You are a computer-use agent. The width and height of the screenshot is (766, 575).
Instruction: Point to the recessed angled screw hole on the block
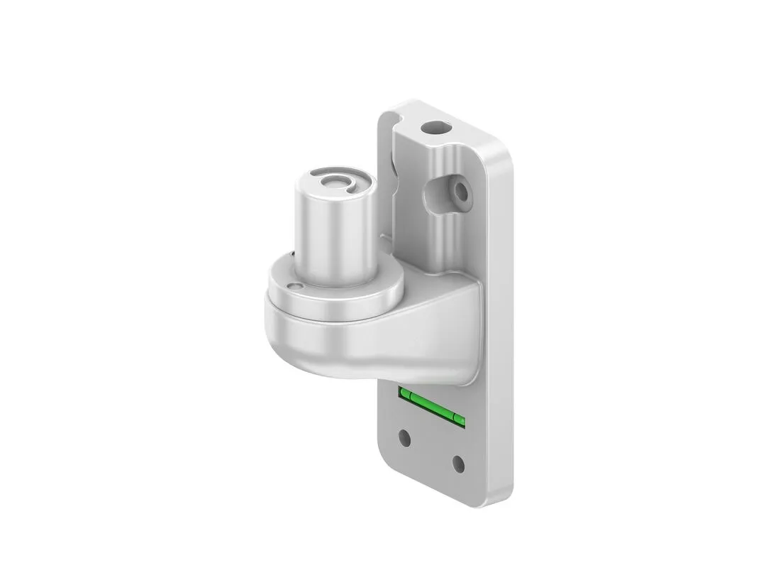462,191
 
